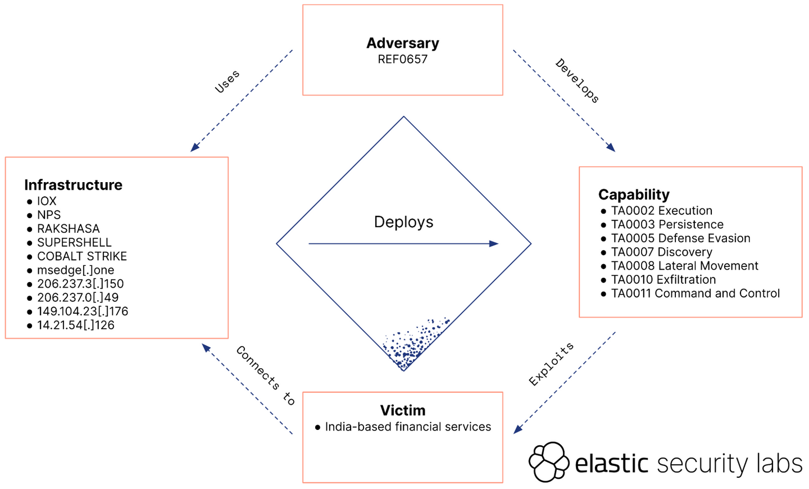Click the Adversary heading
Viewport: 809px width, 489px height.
(x=402, y=43)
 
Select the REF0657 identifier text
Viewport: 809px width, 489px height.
(x=402, y=59)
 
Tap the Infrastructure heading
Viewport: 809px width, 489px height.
(x=73, y=185)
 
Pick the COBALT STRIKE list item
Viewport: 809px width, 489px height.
(x=82, y=256)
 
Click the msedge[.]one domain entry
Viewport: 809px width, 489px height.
(x=75, y=270)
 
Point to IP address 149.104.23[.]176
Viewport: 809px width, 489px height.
(x=83, y=311)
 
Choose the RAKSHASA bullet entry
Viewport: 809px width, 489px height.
(x=68, y=229)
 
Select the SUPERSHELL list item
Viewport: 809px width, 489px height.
(x=74, y=242)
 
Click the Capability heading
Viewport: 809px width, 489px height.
(x=634, y=194)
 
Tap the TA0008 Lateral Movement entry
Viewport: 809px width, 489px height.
(x=684, y=266)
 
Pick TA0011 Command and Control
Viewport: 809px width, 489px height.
(x=695, y=293)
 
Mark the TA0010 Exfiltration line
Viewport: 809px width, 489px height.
(x=663, y=279)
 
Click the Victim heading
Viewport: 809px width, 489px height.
(x=402, y=410)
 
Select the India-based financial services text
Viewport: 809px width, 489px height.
(x=408, y=427)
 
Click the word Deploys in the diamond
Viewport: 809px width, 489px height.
(x=403, y=222)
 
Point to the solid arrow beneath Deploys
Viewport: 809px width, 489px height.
(x=403, y=244)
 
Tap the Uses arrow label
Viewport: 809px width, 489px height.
(x=227, y=81)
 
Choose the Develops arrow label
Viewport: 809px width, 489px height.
(x=578, y=81)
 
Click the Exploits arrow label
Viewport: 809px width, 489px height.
(x=551, y=364)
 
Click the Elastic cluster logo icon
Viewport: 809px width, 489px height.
(x=549, y=462)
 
